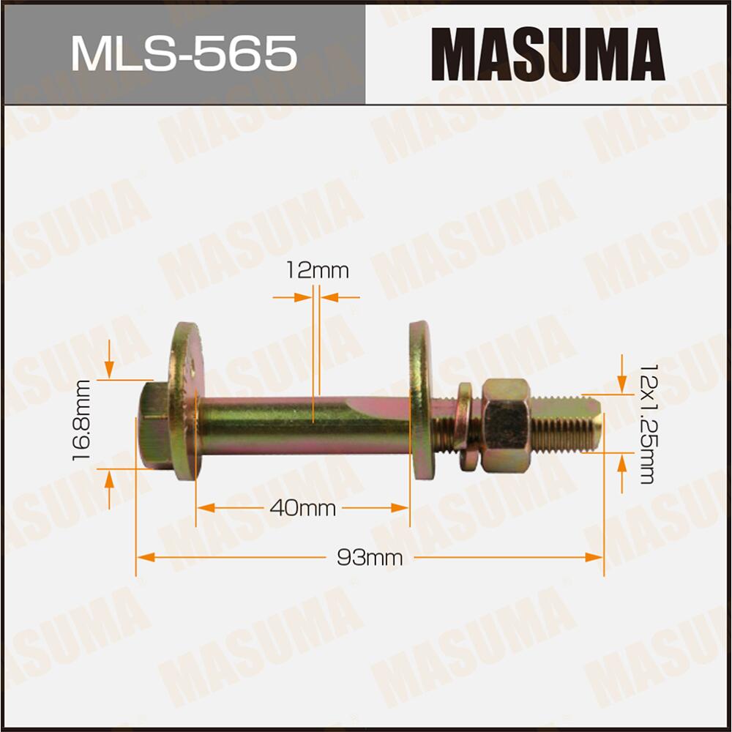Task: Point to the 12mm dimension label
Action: click(318, 271)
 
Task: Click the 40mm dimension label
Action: click(302, 507)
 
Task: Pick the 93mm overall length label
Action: click(370, 558)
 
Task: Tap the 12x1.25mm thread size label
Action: click(646, 423)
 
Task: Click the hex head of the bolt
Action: click(153, 426)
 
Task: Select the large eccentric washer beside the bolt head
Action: click(183, 401)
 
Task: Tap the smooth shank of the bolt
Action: click(300, 425)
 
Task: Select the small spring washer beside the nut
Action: click(464, 426)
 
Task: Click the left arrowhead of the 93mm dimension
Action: click(143, 558)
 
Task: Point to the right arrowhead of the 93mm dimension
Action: click(596, 558)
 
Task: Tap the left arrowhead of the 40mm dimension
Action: click(203, 507)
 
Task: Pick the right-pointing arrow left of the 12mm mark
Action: click(303, 297)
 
